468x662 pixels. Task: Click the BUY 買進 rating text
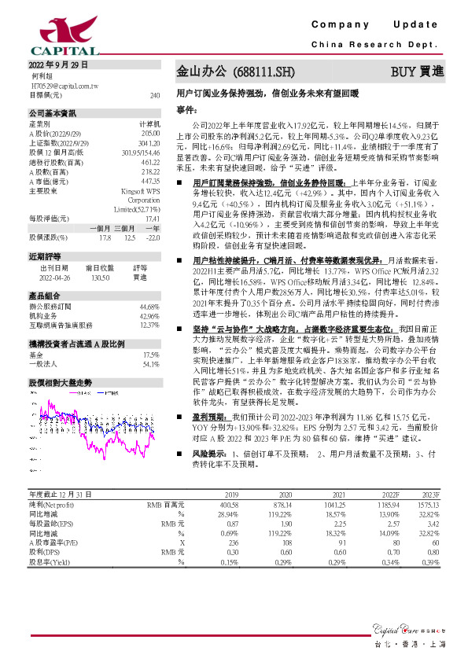[417, 72]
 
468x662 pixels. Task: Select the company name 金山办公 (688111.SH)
[235, 72]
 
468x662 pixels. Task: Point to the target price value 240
[154, 94]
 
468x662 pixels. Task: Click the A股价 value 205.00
[150, 132]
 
